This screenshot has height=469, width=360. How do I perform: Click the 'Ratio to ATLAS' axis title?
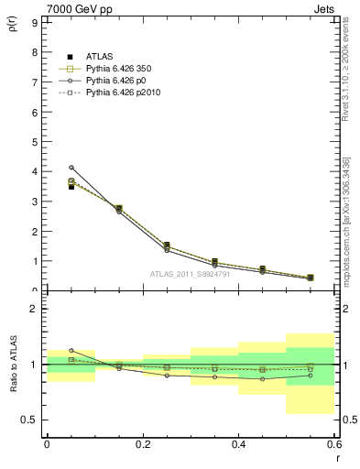[x=13, y=365]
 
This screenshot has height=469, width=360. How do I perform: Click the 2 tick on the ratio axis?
[x=34, y=309]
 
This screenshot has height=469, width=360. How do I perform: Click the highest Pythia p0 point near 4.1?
[x=71, y=168]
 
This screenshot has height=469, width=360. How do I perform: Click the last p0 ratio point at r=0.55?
[x=310, y=376]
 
